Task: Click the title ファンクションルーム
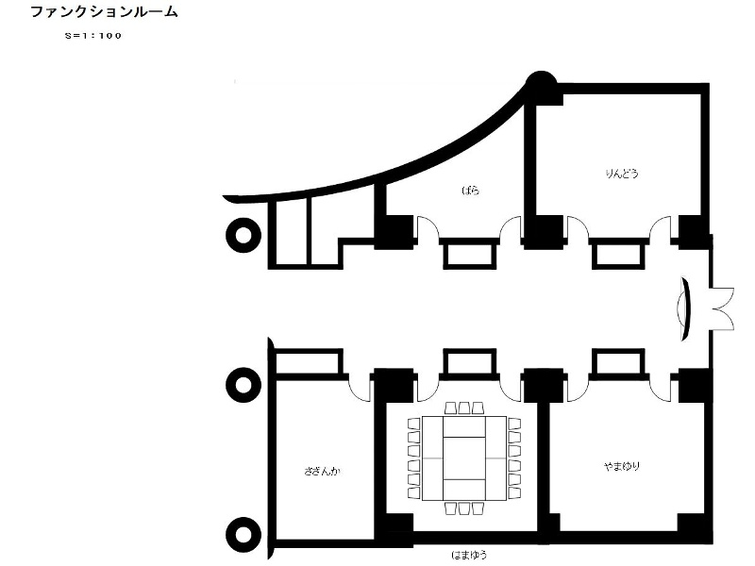[x=104, y=11]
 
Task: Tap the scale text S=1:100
[x=93, y=36]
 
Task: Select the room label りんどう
[x=622, y=174]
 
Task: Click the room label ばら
[x=470, y=191]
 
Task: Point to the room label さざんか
[x=322, y=471]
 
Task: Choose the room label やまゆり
[x=622, y=466]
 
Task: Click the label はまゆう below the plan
[x=469, y=555]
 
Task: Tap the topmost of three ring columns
[x=243, y=235]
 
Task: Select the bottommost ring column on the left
[x=243, y=535]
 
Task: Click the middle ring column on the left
[x=243, y=385]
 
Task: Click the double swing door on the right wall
[x=722, y=309]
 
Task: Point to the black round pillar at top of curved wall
[x=541, y=85]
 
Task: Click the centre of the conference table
[x=464, y=458]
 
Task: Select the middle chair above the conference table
[x=464, y=408]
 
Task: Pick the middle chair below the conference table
[x=464, y=508]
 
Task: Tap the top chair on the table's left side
[x=414, y=424]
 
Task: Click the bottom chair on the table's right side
[x=514, y=492]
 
